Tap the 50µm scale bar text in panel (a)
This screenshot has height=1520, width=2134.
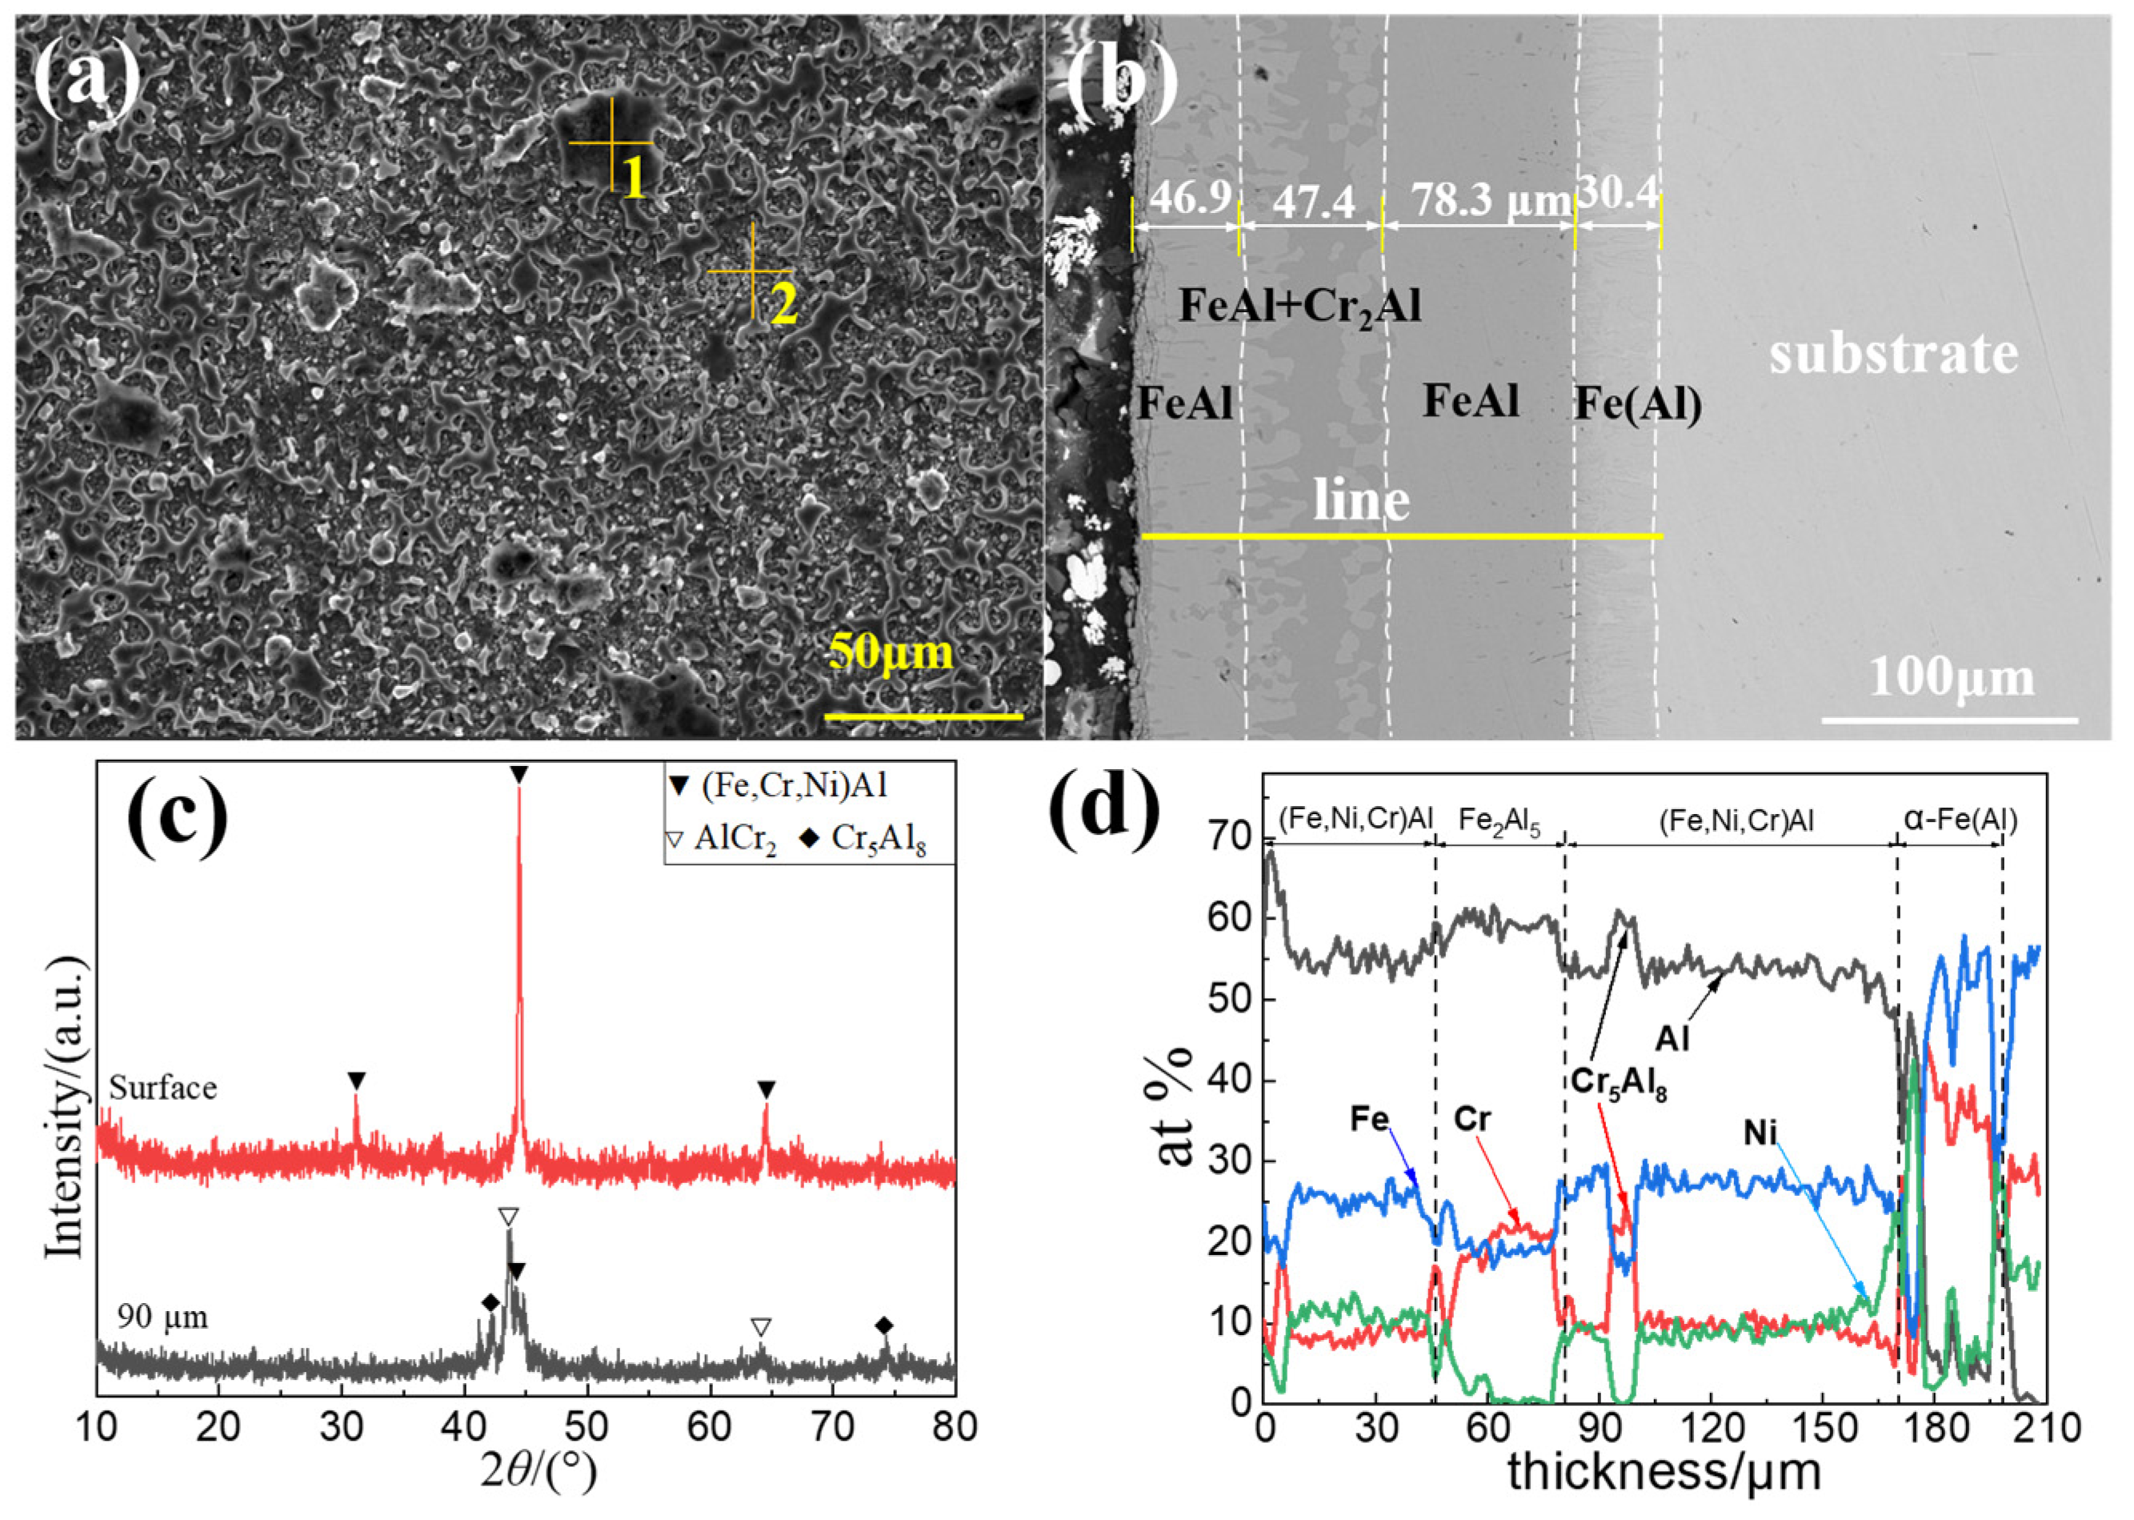coord(891,652)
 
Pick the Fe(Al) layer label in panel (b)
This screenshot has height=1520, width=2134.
coord(1638,403)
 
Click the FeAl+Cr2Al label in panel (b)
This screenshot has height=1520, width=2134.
coord(1299,305)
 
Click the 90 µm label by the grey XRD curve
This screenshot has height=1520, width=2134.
coord(162,1317)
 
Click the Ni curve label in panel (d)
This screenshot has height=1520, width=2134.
coord(1759,1133)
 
